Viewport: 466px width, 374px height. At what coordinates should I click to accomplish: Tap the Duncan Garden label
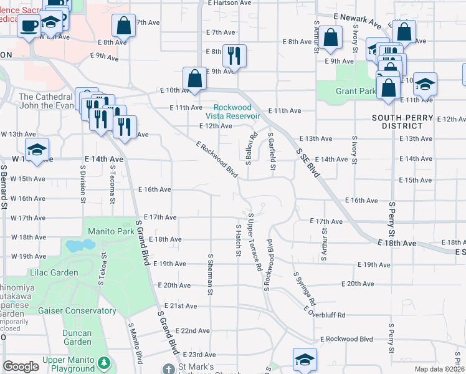click(x=77, y=337)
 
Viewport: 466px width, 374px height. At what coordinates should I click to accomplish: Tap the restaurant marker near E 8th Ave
click(x=234, y=55)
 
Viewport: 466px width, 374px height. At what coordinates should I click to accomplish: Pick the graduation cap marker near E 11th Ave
click(x=425, y=84)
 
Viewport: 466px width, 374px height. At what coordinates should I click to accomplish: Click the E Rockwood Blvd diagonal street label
click(x=217, y=158)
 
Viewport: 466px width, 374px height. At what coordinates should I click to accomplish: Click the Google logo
click(x=21, y=367)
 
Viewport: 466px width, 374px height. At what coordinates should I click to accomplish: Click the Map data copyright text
click(x=439, y=369)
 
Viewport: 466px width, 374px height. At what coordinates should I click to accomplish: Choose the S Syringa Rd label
click(x=304, y=287)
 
